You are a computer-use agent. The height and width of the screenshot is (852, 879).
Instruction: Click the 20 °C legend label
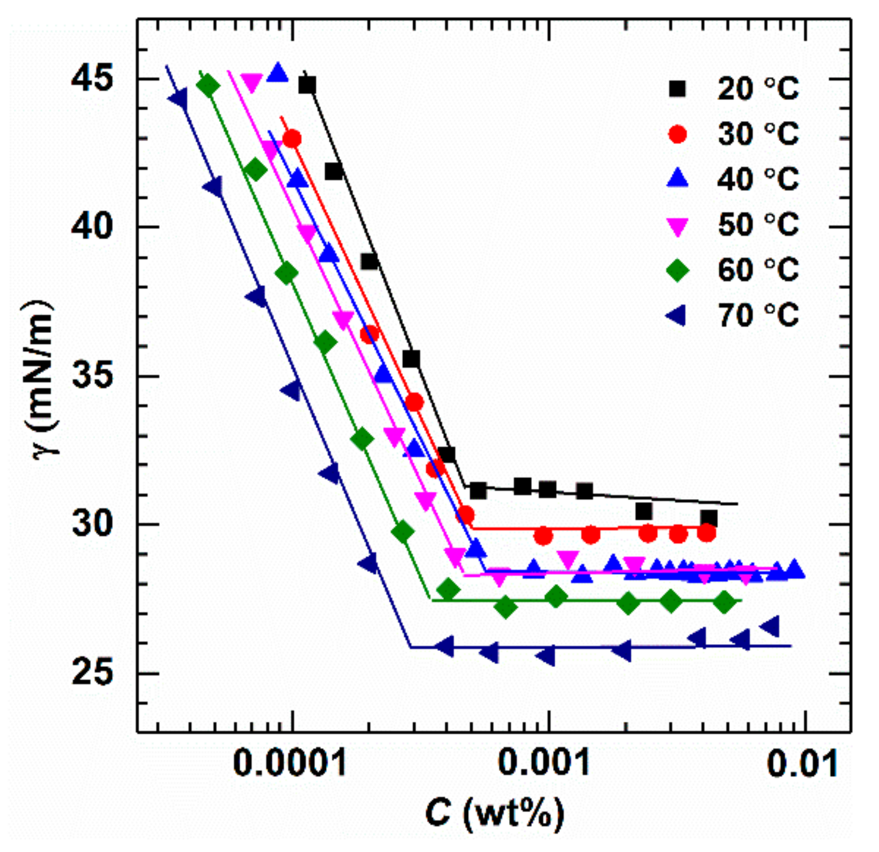(757, 89)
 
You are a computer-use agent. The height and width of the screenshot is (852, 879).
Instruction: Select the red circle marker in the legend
(678, 134)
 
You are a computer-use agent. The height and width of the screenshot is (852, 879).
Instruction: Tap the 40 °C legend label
(757, 179)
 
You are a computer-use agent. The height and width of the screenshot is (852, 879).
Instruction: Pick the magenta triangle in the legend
(678, 226)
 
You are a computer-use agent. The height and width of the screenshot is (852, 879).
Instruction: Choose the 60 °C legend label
(757, 270)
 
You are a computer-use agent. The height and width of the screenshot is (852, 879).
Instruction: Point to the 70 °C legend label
(757, 315)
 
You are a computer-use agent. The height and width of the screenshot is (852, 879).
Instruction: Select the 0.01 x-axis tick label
(803, 763)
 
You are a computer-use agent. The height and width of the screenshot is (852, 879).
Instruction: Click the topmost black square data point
(307, 86)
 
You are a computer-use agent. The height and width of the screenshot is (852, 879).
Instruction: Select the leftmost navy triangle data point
(178, 98)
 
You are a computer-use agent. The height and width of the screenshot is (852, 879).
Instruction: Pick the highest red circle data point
(292, 139)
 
